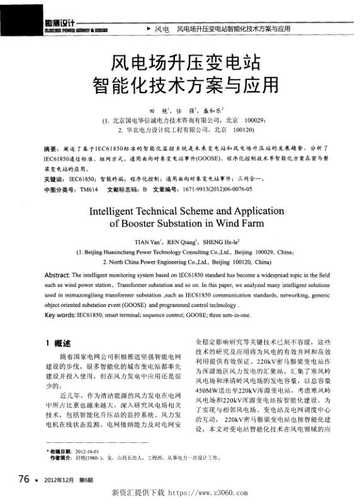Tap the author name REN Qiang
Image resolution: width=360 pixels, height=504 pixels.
(186, 240)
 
